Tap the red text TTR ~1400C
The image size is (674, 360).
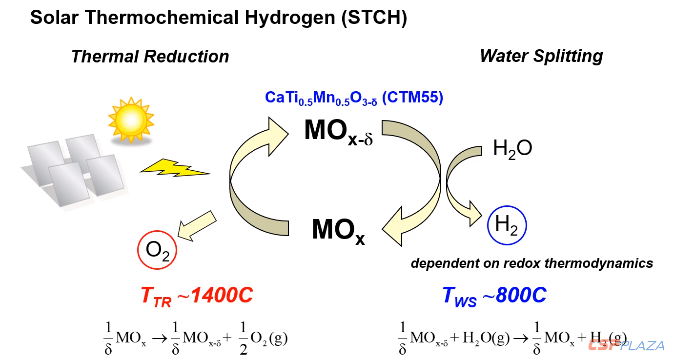point(196,296)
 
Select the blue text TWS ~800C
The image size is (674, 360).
point(494,296)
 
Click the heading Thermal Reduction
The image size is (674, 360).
point(150,57)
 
